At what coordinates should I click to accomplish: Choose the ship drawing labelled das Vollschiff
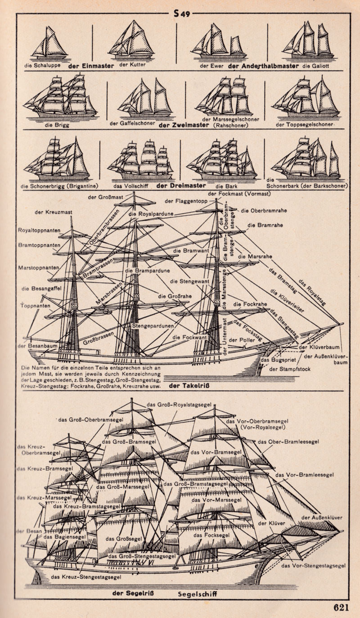[140, 160]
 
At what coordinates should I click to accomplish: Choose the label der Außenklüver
[321, 518]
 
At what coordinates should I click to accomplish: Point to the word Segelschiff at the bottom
[198, 593]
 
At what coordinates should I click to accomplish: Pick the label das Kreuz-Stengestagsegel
[86, 577]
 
